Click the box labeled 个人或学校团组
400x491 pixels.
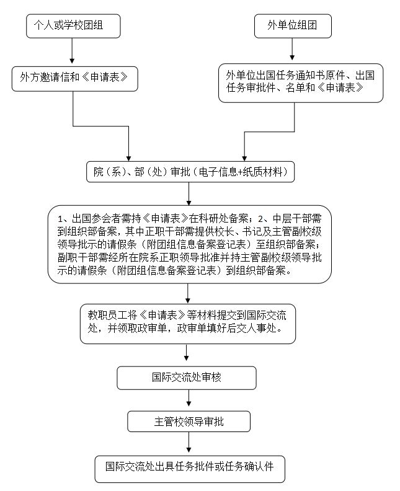pyautogui.click(x=73, y=26)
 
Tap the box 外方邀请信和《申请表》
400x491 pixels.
pyautogui.click(x=74, y=79)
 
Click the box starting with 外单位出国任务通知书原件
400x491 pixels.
pyautogui.click(x=300, y=81)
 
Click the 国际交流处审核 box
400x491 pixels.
pyautogui.click(x=187, y=377)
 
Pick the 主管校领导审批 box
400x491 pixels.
pyautogui.click(x=189, y=422)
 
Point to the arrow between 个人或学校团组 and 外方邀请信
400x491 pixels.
pyautogui.click(x=73, y=51)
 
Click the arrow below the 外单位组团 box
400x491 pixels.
pyautogui.click(x=293, y=48)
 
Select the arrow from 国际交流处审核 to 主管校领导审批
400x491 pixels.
pyautogui.click(x=187, y=400)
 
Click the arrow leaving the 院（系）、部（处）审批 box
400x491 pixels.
pyautogui.click(x=189, y=194)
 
